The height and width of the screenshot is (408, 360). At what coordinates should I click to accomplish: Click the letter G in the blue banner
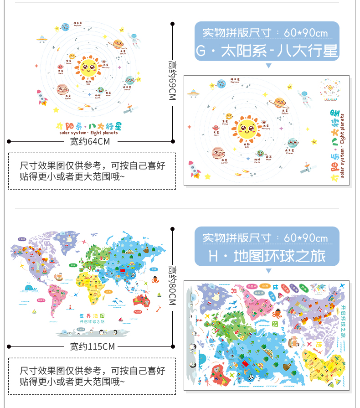click(201, 51)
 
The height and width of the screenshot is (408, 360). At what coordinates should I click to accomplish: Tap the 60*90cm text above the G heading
click(306, 33)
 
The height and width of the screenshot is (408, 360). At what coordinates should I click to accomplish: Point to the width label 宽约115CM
click(93, 346)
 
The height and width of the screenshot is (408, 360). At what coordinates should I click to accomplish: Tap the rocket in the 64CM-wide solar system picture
click(42, 97)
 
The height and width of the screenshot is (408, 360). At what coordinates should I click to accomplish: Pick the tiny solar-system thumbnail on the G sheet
click(331, 88)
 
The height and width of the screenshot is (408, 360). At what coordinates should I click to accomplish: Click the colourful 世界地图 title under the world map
click(93, 315)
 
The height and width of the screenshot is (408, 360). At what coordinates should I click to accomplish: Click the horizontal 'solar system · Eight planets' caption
click(88, 133)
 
